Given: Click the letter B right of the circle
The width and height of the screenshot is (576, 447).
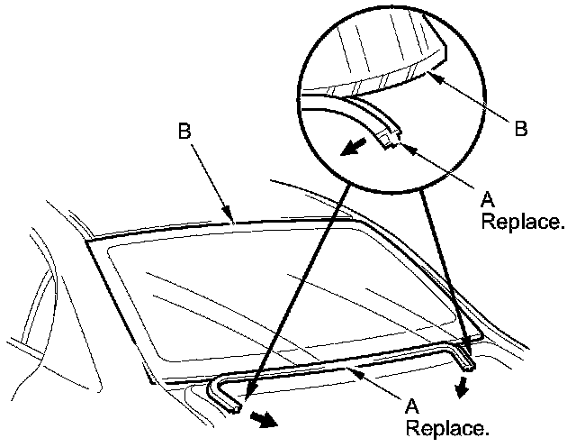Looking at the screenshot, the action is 521,129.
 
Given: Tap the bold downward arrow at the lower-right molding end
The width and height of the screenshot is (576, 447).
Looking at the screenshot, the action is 463,388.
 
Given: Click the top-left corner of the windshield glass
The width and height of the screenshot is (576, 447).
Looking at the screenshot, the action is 90,242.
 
